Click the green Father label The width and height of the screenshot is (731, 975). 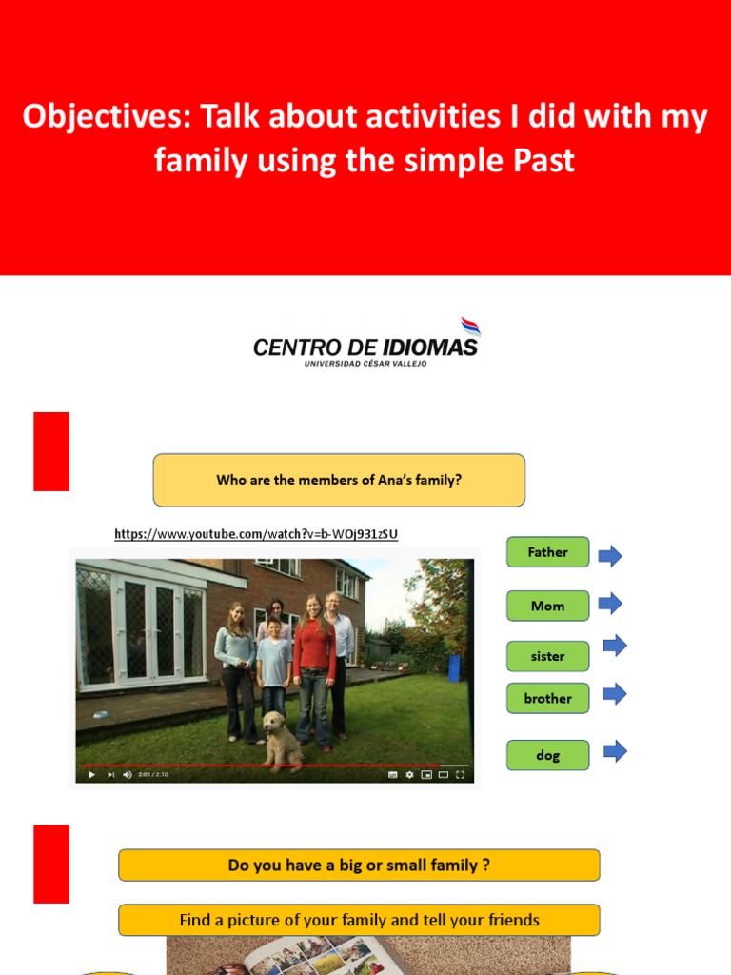pos(547,552)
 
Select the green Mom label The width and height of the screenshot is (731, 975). pos(547,606)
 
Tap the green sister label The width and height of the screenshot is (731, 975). pos(547,656)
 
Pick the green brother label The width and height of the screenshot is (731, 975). pos(547,698)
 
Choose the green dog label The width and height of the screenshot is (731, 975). pos(547,755)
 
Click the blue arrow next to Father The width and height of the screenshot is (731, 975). pos(610,556)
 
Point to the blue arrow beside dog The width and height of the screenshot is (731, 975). pos(615,751)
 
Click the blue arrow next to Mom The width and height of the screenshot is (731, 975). pos(610,603)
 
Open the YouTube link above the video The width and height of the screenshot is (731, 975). pos(256,534)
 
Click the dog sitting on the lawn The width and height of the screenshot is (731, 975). pos(282,740)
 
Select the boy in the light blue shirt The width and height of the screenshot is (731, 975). pos(274,662)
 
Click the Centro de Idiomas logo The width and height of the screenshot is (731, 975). pos(365,344)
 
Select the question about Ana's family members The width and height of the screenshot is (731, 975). pos(339,480)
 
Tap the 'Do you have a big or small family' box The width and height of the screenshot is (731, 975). pos(359,866)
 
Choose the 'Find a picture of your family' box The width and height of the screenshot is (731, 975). pos(359,920)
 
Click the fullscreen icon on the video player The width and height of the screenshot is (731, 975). pos(460,775)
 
